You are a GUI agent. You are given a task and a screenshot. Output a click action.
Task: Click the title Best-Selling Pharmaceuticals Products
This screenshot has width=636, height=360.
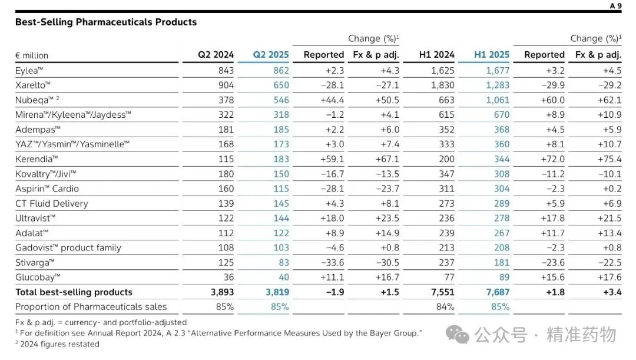pyautogui.click(x=106, y=22)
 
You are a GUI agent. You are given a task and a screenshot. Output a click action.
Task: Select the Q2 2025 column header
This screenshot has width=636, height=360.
pyautogui.click(x=271, y=55)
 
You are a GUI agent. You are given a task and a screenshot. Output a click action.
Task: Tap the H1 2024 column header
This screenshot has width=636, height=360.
pyautogui.click(x=436, y=55)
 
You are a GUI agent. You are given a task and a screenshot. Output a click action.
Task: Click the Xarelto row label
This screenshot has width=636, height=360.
pyautogui.click(x=33, y=85)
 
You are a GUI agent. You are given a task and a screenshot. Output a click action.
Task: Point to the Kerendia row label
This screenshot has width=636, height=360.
pyautogui.click(x=37, y=159)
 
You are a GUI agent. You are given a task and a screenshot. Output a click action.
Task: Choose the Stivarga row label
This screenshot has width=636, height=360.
pyautogui.click(x=35, y=263)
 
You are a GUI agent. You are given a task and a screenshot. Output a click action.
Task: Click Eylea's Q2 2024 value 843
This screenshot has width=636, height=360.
pyautogui.click(x=226, y=71)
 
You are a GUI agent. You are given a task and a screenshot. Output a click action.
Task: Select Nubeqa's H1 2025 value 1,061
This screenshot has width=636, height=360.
pyautogui.click(x=498, y=100)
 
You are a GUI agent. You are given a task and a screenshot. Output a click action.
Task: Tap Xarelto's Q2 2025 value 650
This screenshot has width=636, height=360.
pyautogui.click(x=281, y=85)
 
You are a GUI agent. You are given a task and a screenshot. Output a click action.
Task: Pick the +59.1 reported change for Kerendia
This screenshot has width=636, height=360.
pyautogui.click(x=332, y=159)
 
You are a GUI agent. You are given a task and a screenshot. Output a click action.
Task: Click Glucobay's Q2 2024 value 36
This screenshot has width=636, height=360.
pyautogui.click(x=228, y=277)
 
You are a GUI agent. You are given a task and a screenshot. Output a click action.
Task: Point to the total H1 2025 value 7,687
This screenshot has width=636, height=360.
pyautogui.click(x=498, y=292)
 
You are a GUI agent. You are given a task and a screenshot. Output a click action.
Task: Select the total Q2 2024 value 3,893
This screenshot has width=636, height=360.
pyautogui.click(x=222, y=292)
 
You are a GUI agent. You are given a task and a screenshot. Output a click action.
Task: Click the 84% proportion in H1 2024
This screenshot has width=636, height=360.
pyautogui.click(x=445, y=307)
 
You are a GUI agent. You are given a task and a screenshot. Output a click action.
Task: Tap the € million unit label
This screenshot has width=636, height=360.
pyautogui.click(x=32, y=55)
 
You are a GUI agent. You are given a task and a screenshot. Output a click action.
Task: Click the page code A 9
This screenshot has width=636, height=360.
pyautogui.click(x=616, y=6)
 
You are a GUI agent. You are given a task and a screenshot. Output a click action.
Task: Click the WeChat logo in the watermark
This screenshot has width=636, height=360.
pyautogui.click(x=458, y=335)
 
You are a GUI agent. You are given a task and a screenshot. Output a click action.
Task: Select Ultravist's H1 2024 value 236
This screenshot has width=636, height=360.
pyautogui.click(x=446, y=219)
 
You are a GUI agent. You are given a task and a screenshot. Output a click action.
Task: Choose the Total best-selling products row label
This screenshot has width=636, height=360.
pyautogui.click(x=74, y=292)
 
